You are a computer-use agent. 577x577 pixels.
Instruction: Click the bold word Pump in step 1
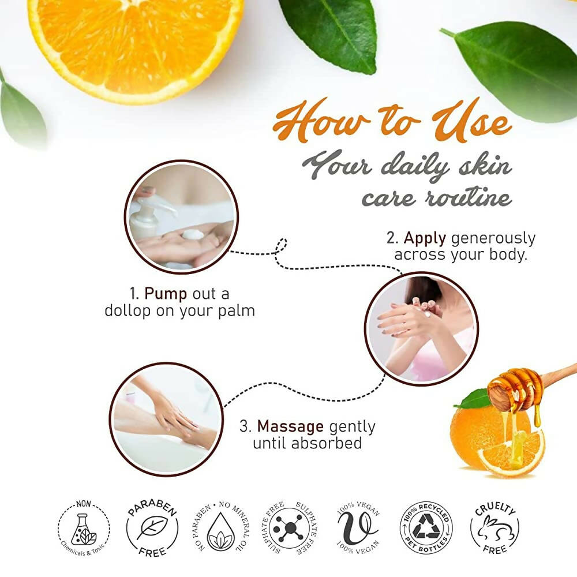(x=166, y=294)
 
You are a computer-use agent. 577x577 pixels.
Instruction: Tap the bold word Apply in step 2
(x=426, y=238)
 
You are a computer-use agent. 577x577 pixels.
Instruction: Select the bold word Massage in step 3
(x=290, y=426)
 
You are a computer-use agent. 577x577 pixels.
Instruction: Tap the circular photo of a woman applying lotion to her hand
(x=421, y=328)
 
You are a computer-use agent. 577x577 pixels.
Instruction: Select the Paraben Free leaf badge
(x=152, y=527)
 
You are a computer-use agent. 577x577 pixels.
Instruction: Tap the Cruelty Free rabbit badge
(x=494, y=527)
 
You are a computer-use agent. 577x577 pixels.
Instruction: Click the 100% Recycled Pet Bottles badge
(x=426, y=527)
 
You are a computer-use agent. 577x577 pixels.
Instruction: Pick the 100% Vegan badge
(x=358, y=527)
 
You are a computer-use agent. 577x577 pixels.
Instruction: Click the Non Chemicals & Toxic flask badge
(x=84, y=527)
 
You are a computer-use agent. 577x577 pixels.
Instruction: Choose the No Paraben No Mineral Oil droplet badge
(x=220, y=527)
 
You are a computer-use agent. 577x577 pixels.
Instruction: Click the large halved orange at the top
(x=136, y=40)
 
